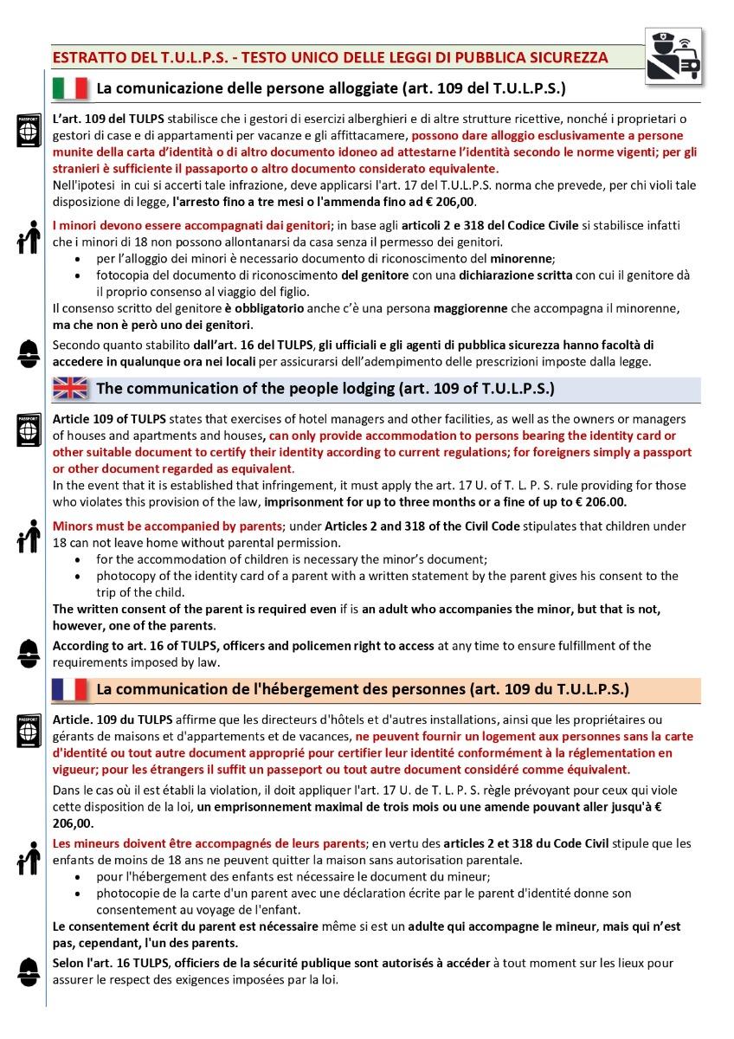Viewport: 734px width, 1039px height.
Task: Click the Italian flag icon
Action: click(70, 88)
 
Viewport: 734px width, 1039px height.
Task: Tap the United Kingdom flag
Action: click(70, 388)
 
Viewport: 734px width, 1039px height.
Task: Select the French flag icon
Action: click(70, 690)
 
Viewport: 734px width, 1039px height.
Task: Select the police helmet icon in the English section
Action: click(27, 650)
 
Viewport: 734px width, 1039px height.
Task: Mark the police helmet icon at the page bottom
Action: click(27, 969)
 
